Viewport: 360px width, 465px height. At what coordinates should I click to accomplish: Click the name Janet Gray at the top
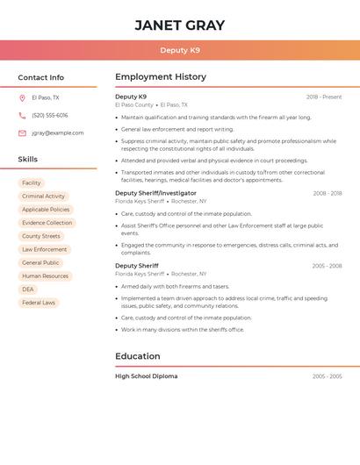point(180,25)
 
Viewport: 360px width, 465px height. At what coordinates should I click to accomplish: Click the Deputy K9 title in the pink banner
point(180,51)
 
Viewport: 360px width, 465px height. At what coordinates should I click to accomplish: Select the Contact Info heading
point(41,77)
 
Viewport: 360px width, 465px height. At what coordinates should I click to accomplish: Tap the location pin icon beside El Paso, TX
point(22,98)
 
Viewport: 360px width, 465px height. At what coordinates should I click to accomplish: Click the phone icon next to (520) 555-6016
point(22,116)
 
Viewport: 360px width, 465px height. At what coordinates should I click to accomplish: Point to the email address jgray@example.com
point(58,133)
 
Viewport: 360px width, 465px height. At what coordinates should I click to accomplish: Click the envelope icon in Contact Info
point(22,133)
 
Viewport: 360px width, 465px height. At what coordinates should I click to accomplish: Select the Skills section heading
point(28,160)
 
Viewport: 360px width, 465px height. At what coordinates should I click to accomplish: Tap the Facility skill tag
point(32,183)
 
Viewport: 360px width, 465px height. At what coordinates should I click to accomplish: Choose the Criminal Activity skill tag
point(44,197)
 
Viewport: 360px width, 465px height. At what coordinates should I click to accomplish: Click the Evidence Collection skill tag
point(47,223)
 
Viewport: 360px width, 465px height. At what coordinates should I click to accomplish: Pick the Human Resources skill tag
point(46,276)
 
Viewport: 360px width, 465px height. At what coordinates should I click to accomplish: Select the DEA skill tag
point(28,290)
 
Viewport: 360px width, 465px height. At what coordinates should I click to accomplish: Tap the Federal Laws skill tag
point(39,303)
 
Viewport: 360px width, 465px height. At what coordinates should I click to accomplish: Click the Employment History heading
point(161,77)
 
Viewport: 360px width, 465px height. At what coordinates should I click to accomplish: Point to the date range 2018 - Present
point(324,97)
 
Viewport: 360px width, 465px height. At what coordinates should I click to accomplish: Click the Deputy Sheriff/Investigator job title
point(155,193)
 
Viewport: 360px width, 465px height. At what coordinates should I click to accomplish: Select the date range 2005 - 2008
point(327,266)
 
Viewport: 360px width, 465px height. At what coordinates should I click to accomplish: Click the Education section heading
point(138,356)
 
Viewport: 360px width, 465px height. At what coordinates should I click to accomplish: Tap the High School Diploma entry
point(146,376)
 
